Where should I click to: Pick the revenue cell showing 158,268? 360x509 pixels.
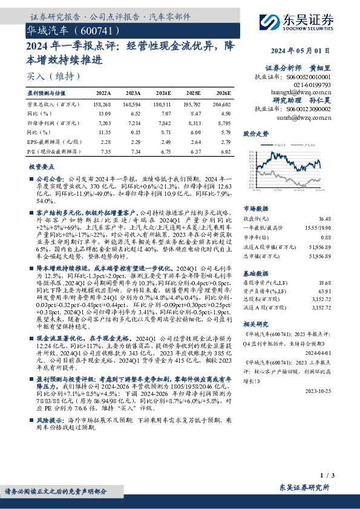pos(103,105)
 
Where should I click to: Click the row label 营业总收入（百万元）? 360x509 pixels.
pos(50,105)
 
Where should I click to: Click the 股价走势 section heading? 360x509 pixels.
pos(255,133)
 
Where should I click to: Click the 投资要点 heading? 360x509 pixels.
pos(42,166)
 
